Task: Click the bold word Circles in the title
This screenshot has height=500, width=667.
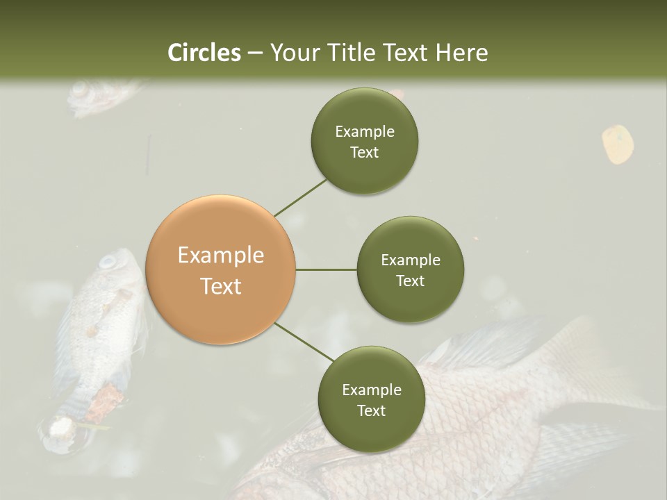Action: tap(204, 53)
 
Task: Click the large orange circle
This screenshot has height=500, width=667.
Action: tap(221, 270)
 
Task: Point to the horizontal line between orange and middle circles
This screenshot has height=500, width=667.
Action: tap(326, 269)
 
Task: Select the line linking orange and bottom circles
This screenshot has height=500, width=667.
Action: tap(304, 342)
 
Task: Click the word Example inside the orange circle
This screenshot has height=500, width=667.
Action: tap(221, 256)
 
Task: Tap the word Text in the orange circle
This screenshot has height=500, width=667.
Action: tap(221, 286)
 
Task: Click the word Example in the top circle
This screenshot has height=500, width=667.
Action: tap(364, 132)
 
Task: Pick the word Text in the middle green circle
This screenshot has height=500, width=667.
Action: tap(410, 281)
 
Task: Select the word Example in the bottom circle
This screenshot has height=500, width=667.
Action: tap(371, 390)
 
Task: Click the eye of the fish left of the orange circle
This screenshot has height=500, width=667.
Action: tap(108, 262)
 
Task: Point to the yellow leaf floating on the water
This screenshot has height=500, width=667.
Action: tap(617, 144)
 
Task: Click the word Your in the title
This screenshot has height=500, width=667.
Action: tap(292, 53)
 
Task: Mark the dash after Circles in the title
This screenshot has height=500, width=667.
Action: tap(255, 53)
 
